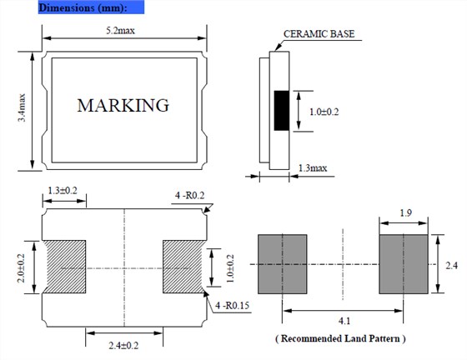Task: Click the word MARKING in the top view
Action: pos(123,105)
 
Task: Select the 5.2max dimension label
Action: pos(121,30)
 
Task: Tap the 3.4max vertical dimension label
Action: pos(22,107)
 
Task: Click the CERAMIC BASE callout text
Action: pos(319,34)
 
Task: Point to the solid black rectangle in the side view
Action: pos(282,111)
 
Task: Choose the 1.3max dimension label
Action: pos(313,168)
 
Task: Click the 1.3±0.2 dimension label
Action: pos(63,190)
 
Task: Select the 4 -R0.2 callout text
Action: pos(190,196)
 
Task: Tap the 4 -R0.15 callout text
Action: pos(233,306)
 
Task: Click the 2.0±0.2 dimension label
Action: pos(21,268)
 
